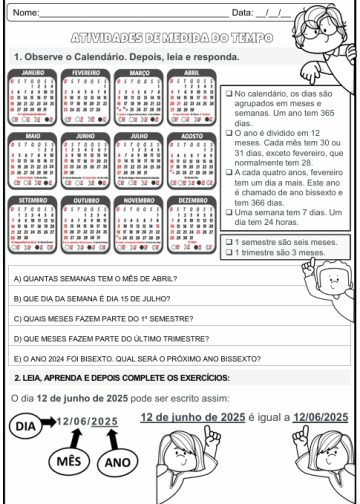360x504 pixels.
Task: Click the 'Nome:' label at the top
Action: click(25, 12)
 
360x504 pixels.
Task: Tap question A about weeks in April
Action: click(81, 278)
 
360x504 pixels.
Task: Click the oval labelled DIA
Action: click(27, 426)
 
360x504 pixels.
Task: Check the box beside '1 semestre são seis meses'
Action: click(229, 242)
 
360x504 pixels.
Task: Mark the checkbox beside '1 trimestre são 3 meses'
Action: click(229, 252)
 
